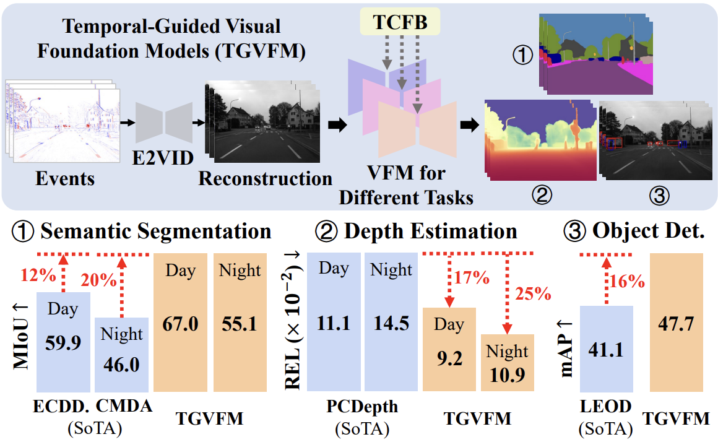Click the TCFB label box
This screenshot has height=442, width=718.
399,23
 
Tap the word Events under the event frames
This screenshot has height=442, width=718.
65,179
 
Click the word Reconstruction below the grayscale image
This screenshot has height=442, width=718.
266,179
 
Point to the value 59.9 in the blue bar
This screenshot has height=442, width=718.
63,342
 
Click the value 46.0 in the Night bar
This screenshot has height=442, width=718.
121,365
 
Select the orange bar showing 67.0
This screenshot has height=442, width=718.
180,322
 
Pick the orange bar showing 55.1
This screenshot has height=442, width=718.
240,322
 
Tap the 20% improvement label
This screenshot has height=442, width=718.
99,280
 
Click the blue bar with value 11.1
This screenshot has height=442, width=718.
333,322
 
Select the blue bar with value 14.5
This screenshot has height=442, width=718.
391,322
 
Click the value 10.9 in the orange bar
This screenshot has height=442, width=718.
507,375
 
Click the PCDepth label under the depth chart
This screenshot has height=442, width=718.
362,407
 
